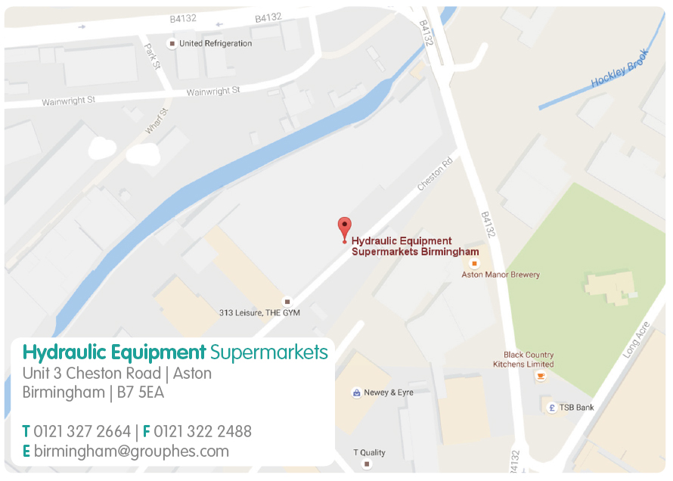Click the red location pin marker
344,228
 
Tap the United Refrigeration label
216,44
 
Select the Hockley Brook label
620,68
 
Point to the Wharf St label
156,120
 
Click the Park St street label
152,55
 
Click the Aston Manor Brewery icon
474,263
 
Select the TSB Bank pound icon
552,408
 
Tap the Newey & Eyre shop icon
356,393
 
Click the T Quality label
370,453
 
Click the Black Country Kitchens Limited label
529,359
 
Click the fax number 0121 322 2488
203,432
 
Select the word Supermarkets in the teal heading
269,352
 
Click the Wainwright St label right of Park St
212,92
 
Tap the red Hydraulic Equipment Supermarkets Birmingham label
415,247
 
